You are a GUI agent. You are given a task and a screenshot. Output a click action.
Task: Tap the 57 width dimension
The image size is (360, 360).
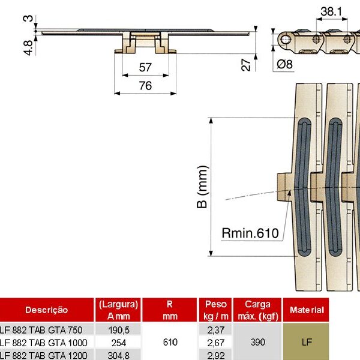point(145,67)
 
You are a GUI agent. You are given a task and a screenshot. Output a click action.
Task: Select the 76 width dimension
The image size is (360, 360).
point(145,85)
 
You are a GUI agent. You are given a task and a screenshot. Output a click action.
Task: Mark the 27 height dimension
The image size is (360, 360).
point(246,65)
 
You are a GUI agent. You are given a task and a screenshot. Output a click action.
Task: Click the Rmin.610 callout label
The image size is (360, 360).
point(250,233)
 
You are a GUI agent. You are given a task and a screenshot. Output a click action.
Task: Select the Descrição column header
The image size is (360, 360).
point(46,310)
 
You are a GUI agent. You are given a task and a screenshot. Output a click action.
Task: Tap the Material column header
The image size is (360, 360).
point(323,310)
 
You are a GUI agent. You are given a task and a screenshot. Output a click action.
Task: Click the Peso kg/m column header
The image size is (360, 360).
point(215,310)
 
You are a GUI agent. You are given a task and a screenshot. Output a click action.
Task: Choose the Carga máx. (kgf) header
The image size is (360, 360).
point(257,310)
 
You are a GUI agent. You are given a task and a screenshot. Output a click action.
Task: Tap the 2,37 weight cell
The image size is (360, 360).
point(215,330)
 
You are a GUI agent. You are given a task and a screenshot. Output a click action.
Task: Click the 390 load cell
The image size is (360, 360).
point(257,342)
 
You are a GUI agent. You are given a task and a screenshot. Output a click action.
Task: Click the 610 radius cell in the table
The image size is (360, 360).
point(170,342)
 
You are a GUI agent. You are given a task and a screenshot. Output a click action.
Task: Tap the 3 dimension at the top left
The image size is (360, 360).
point(26,19)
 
